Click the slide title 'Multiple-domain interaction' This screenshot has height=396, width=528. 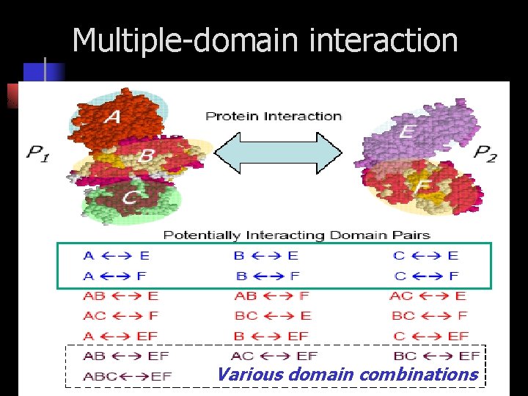(x=265, y=40)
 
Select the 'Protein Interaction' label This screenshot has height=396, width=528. (x=274, y=116)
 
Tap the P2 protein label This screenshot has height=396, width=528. (x=485, y=153)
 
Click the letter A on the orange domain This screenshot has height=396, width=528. (x=114, y=117)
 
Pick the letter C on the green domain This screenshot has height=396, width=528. (x=130, y=197)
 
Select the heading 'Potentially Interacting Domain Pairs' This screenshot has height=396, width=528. (x=296, y=235)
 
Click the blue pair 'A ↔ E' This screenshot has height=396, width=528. (x=117, y=256)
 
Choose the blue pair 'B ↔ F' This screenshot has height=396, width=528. (x=268, y=276)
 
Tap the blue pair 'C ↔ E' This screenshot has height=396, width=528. (x=426, y=256)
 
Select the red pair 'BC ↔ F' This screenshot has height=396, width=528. (x=429, y=316)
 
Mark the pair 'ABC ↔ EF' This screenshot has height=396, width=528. (x=126, y=376)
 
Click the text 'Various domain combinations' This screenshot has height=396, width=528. (x=347, y=375)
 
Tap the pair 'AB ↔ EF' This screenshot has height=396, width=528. (x=126, y=356)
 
